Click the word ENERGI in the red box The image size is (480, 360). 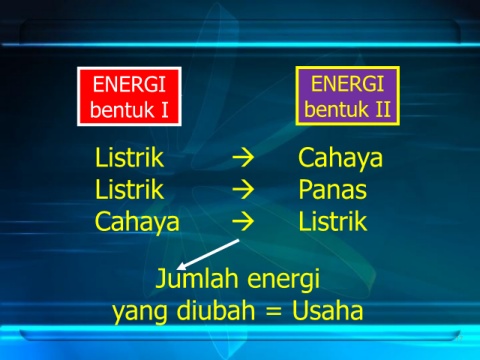[129, 84]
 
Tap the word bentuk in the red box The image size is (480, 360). [122, 109]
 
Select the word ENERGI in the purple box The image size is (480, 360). [347, 83]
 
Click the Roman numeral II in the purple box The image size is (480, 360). [383, 109]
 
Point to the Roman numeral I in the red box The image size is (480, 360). [165, 110]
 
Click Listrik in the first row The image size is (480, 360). [129, 157]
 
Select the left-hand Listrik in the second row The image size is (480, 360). [129, 189]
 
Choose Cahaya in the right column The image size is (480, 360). [340, 159]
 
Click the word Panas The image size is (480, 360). [333, 189]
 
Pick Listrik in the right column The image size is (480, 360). [333, 221]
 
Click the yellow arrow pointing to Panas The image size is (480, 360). [243, 189]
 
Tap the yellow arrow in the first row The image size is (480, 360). [243, 158]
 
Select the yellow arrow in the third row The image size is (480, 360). [243, 222]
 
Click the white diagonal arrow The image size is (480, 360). [208, 254]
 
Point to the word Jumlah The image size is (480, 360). [197, 278]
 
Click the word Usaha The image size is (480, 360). [327, 311]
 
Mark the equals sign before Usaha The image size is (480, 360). [273, 312]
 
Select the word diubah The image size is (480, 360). [216, 310]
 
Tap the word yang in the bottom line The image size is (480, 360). [139, 313]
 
